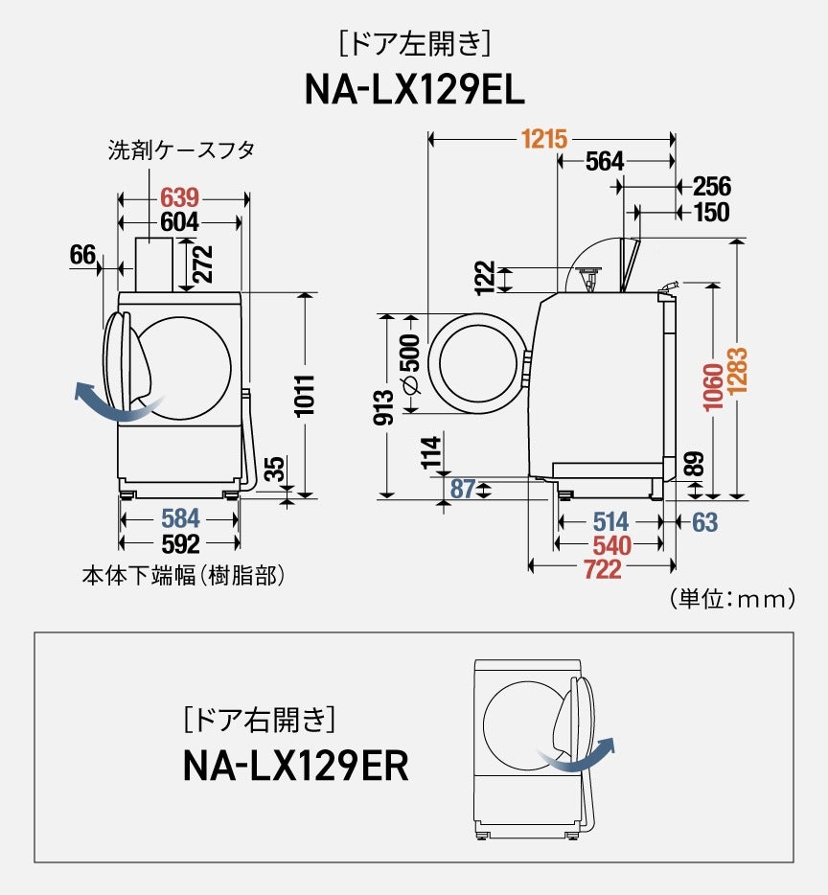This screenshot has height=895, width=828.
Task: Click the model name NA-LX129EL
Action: click(414, 90)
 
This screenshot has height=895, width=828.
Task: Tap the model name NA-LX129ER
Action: click(295, 765)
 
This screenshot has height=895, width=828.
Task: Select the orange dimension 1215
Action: click(543, 140)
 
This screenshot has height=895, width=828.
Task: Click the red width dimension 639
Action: click(179, 198)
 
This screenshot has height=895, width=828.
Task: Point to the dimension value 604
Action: click(179, 222)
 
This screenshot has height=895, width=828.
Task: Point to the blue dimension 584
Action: click(180, 519)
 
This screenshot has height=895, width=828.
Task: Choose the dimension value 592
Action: click(180, 544)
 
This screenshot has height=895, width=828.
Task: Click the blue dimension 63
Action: click(704, 522)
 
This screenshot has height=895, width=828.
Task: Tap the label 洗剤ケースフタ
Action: click(180, 150)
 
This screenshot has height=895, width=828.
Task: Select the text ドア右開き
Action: click(257, 717)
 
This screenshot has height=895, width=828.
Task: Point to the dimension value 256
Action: click(711, 187)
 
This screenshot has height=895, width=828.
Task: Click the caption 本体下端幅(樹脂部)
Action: click(183, 576)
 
